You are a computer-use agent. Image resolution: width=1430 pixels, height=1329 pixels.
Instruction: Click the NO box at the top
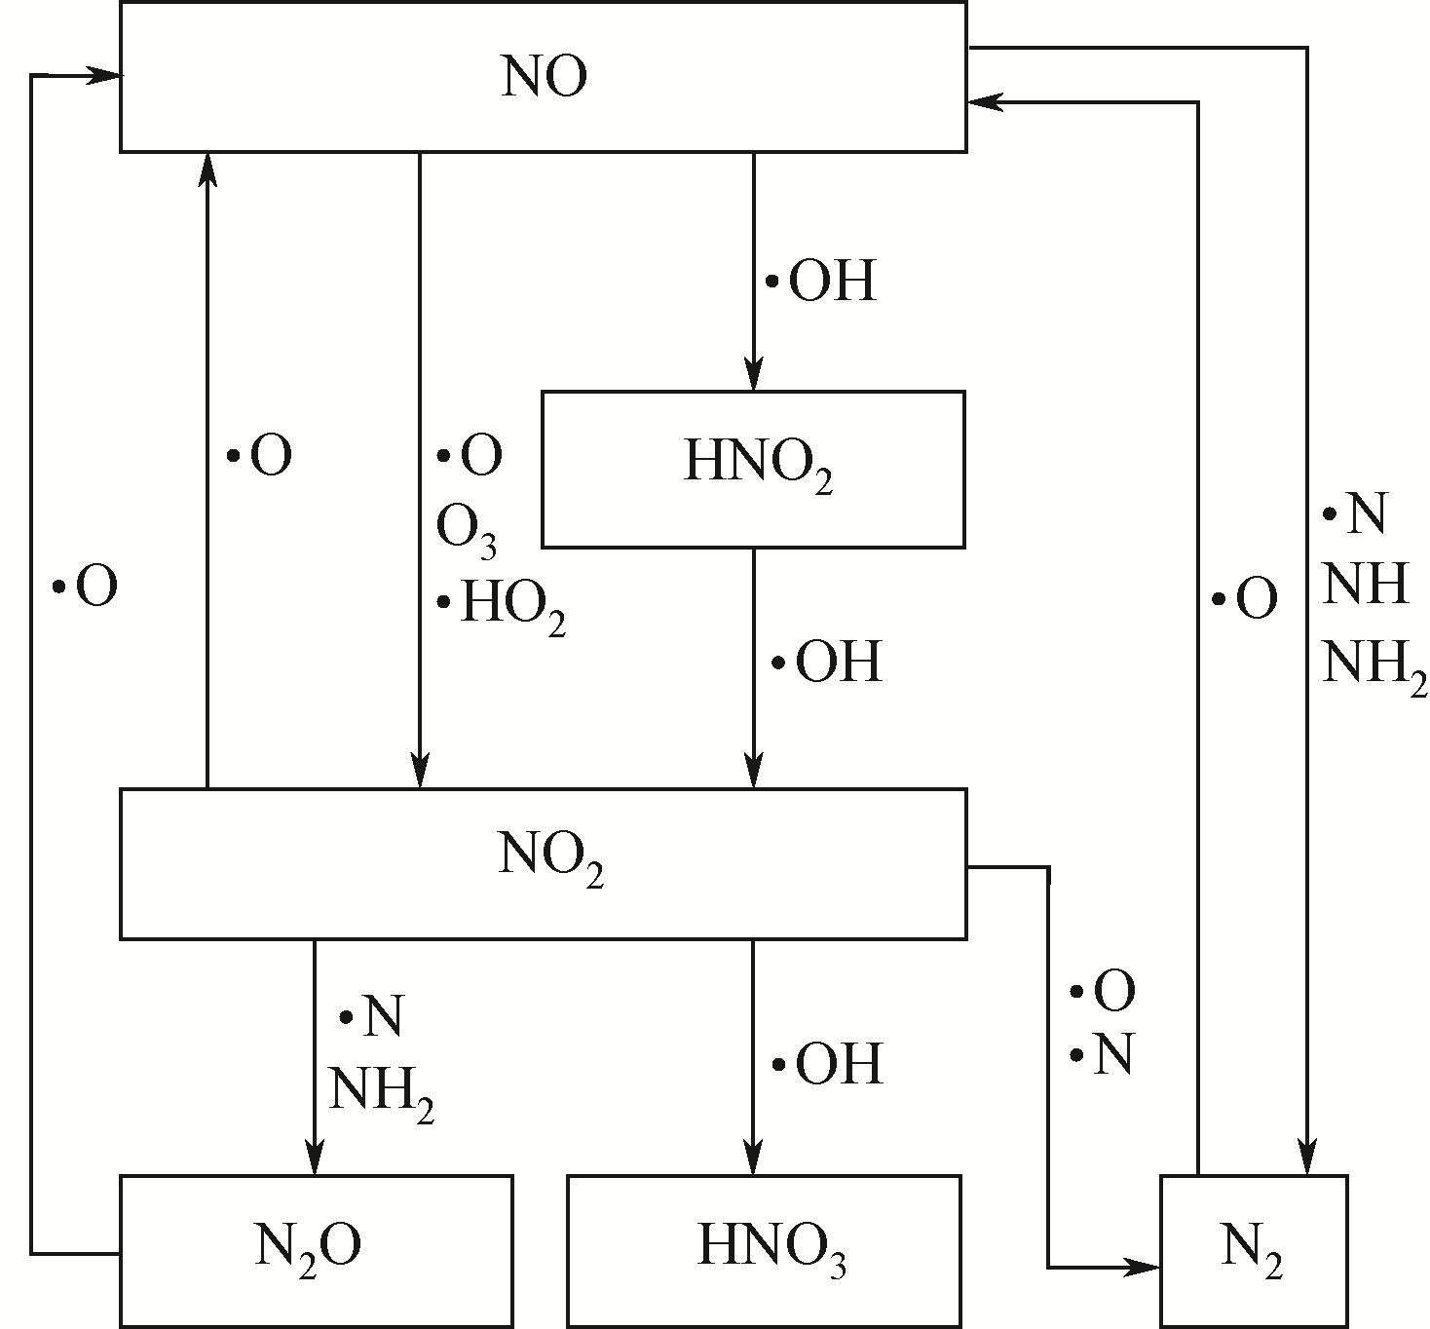coord(544,77)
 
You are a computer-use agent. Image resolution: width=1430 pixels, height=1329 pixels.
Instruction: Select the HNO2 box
coord(753,469)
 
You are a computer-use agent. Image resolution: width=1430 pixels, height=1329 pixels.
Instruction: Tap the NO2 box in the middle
coord(544,863)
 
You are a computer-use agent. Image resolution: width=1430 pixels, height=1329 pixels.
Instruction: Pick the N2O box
coord(316,1250)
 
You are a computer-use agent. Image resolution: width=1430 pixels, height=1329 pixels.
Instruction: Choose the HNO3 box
coord(764,1250)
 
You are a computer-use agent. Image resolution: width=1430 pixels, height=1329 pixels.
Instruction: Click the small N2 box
coord(1254,1250)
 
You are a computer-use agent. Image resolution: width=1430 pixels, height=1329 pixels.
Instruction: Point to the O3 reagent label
coord(466,532)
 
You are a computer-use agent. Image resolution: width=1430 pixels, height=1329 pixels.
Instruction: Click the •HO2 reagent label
coord(502,606)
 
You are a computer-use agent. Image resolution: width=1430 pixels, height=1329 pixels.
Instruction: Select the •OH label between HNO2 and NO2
coord(827,663)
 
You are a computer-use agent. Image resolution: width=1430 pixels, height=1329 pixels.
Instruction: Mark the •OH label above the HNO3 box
coord(827,1063)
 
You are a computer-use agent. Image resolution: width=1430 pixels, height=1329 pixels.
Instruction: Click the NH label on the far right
coord(1366,587)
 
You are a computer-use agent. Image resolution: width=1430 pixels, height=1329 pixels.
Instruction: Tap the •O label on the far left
coord(86,588)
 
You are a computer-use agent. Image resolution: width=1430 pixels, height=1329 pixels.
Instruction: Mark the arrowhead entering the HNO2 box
coord(753,377)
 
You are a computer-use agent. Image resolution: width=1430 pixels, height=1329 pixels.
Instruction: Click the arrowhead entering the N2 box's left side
coord(1146,1268)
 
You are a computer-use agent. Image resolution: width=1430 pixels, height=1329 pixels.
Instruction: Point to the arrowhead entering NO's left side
coord(106,75)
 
